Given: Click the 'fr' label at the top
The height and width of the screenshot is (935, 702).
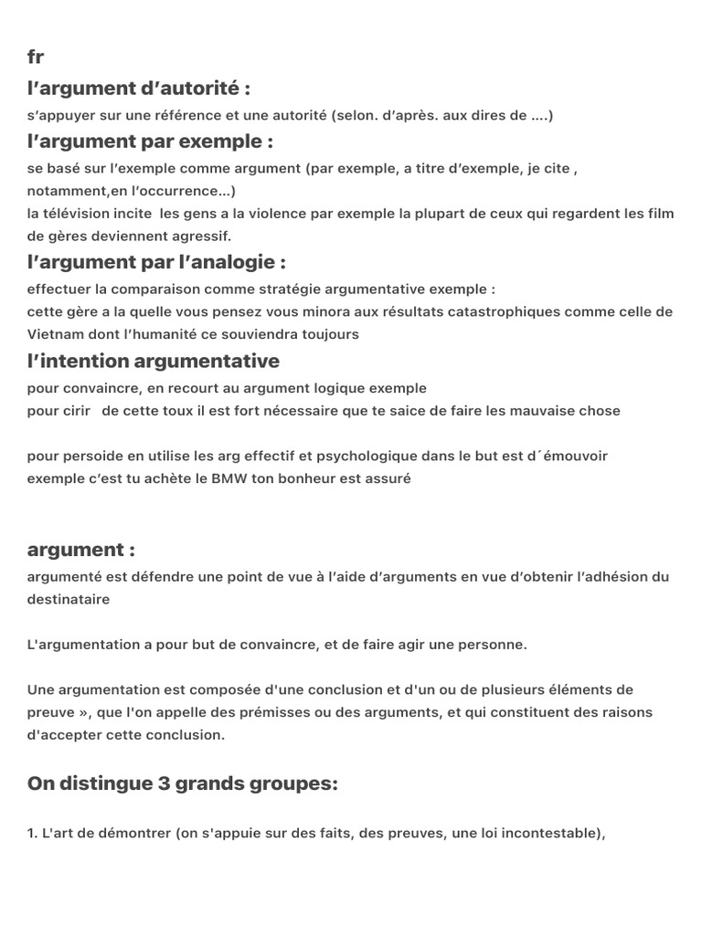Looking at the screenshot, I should point(36,58).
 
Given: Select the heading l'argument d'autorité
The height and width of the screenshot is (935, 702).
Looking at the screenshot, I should point(139,89).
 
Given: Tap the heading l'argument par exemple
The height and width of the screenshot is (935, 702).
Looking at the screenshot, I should point(151,142).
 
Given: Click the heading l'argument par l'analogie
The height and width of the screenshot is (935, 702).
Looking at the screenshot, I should point(156,262).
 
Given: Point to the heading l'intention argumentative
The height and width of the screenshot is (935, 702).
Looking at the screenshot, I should point(154,361).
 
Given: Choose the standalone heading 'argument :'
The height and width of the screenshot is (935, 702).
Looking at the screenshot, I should point(81,550).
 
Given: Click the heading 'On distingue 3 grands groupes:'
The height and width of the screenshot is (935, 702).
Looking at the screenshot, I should point(183,783).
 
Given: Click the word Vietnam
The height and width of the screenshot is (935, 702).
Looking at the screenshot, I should point(56,334).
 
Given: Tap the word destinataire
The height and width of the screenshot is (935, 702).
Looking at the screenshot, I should point(69,599).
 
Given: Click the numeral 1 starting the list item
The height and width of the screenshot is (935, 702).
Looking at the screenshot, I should point(31,834).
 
